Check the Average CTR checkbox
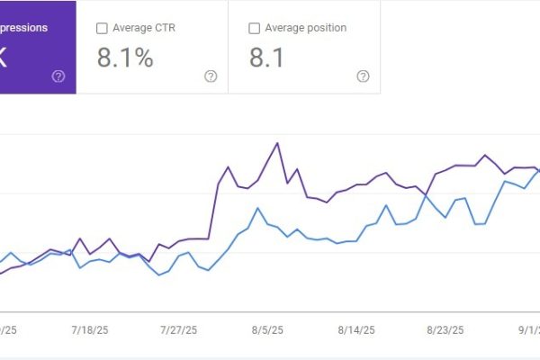pos(102,28)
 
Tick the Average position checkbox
pos(254,28)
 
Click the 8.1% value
pos(125,58)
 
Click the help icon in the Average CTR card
pos(211,76)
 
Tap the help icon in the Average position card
pos(363,76)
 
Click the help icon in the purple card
pos(58,76)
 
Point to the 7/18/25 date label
pos(91,330)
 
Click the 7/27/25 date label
pos(178,330)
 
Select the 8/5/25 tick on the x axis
pos(268,330)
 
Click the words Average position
pos(307,28)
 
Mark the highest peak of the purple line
pos(277,142)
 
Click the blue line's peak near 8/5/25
pos(258,208)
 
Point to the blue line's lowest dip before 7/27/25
pos(159,274)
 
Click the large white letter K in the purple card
pos(5,58)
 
